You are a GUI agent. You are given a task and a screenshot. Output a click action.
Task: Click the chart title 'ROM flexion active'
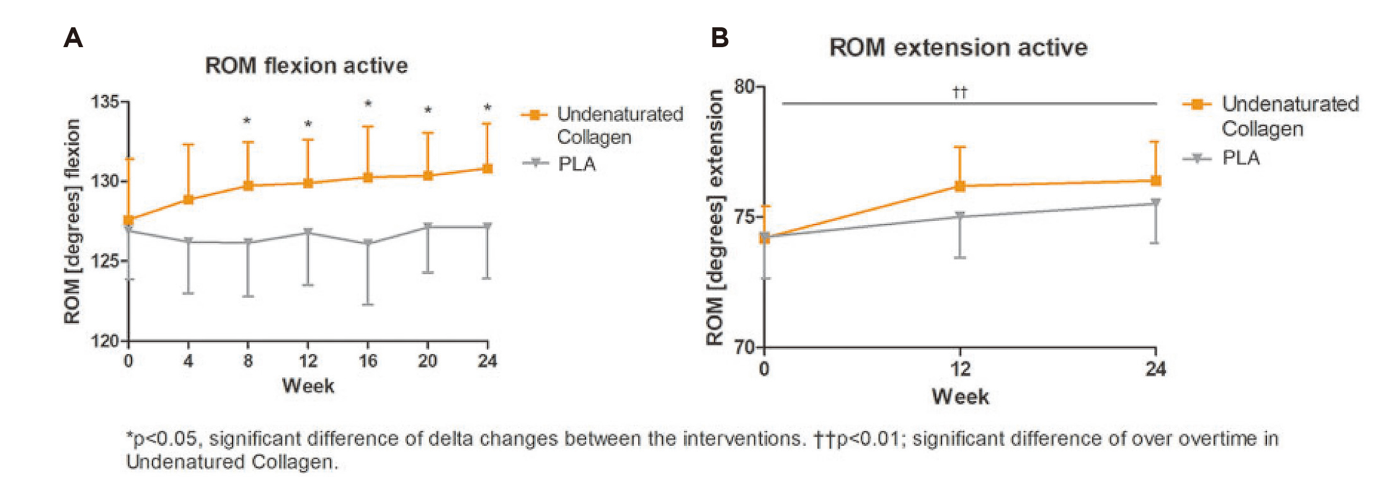[x=306, y=66]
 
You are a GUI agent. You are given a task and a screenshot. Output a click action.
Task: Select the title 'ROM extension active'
[x=958, y=48]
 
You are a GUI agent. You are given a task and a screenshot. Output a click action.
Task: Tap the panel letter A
[x=73, y=38]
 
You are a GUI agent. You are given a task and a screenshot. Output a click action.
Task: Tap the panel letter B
[x=719, y=38]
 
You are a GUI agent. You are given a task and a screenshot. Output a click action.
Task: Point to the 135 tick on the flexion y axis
[x=105, y=102]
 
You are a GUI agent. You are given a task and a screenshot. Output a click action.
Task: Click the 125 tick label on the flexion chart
[x=105, y=261]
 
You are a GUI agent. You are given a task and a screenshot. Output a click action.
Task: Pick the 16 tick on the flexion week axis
[x=368, y=361]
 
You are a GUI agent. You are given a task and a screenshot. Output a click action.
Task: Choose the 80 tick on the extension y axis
[x=745, y=86]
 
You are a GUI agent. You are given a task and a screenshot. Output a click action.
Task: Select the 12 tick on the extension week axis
[x=960, y=370]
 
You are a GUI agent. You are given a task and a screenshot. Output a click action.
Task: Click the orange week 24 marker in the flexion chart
[x=487, y=169]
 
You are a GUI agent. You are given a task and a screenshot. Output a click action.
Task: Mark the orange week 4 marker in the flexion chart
[x=189, y=200]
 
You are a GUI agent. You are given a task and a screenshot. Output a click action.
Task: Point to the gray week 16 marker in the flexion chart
[x=368, y=242]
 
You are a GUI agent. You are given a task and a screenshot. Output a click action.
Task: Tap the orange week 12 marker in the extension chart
[x=960, y=186]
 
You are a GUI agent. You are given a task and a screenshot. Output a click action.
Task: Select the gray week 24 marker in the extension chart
[x=1155, y=203]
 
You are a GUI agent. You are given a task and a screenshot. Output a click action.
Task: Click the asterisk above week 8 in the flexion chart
[x=247, y=121]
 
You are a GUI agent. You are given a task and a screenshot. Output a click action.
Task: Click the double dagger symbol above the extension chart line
[x=959, y=92]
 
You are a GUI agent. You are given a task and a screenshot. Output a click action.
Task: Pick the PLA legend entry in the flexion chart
[x=576, y=164]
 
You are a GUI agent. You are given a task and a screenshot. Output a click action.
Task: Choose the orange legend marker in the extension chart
[x=1197, y=104]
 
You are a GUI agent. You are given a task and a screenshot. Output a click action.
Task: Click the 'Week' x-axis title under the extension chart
[x=960, y=397]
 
